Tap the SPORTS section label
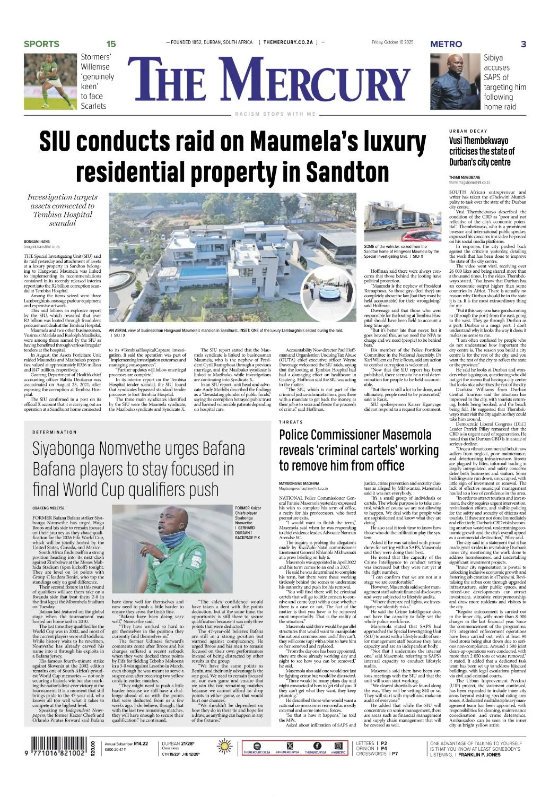pyautogui.click(x=41, y=44)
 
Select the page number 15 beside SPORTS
pyautogui.click(x=111, y=44)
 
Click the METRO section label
pyautogui.click(x=446, y=44)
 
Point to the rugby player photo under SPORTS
pyautogui.click(x=50, y=81)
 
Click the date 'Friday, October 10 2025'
pyautogui.click(x=392, y=42)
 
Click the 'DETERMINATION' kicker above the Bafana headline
pyautogui.click(x=55, y=432)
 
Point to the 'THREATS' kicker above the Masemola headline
pyautogui.click(x=291, y=422)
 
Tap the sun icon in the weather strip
pyautogui.click(x=225, y=747)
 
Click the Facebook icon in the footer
pyautogui.click(x=317, y=746)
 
